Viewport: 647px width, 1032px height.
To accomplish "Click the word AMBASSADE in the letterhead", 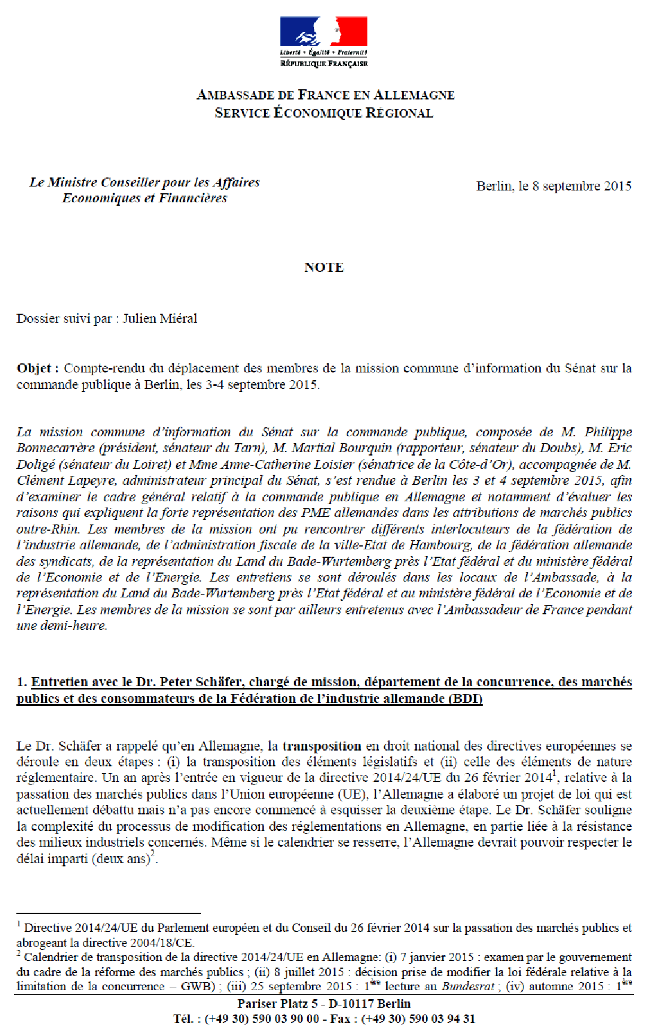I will pos(233,95).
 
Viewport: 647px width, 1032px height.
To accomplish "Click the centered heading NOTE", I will pos(323,267).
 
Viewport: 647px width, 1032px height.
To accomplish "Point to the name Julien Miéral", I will pos(160,318).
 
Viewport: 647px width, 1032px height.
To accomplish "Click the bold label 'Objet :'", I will pos(38,368).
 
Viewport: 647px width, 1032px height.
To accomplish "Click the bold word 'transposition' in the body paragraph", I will pos(322,746).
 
